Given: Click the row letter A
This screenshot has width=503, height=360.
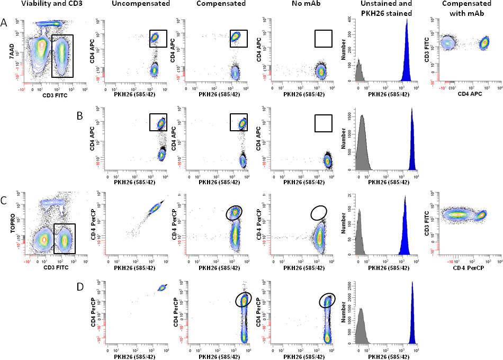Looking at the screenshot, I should point(5,23).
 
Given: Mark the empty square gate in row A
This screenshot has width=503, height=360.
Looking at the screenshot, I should point(322,38).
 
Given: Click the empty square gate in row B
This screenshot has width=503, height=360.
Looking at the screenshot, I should point(322,122).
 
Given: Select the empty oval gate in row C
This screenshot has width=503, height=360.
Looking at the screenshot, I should point(319,213).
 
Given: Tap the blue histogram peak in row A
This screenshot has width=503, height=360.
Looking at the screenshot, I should point(407,53).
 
